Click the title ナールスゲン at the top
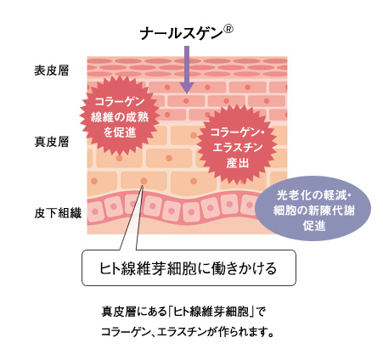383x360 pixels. click(181, 34)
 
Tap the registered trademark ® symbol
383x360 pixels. click(228, 29)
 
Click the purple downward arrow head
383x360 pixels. click(187, 88)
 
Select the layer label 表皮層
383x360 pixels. click(51, 70)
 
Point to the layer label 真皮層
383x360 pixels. click(51, 142)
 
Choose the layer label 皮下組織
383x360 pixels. click(58, 213)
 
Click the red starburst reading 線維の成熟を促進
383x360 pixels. click(120, 117)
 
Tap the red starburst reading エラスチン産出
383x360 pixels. click(237, 147)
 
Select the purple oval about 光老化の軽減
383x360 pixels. click(313, 208)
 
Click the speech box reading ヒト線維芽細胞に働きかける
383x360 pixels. click(189, 267)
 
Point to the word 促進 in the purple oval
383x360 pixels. click(314, 226)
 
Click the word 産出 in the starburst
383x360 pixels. click(238, 163)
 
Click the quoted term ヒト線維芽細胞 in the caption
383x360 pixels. click(211, 312)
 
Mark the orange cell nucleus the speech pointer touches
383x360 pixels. click(144, 181)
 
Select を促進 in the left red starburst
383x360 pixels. click(120, 132)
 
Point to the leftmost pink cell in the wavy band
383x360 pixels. click(95, 211)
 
